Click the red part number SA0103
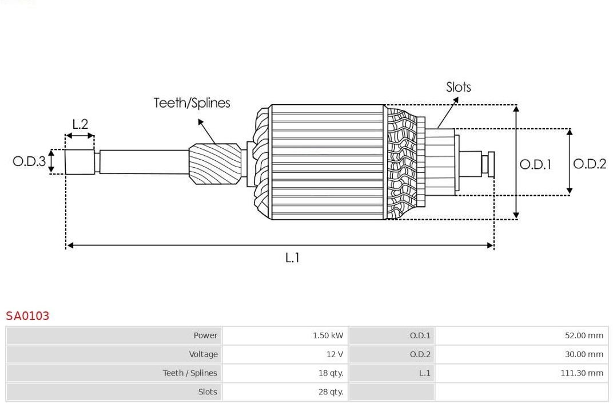pos(27,316)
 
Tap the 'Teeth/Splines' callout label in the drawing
pos(192,103)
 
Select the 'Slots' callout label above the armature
pos(459,87)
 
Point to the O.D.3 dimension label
pos(29,161)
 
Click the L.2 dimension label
pos(80,124)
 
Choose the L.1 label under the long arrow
pos(292,258)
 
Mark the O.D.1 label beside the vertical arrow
pos(536,164)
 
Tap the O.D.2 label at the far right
pos(590,164)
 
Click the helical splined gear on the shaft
pos(215,164)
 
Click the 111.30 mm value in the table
pos(582,373)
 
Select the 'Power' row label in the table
pos(206,335)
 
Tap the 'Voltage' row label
pos(204,354)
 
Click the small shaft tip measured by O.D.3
pos(79,161)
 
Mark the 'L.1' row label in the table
pos(424,373)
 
